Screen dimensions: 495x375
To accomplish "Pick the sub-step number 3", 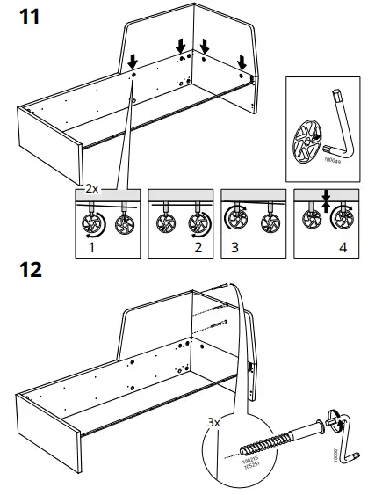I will (234, 248).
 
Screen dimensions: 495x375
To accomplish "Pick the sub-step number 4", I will (343, 248).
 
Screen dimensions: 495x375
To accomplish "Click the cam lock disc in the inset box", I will (309, 142).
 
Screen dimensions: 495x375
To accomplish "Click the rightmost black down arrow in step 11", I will (243, 62).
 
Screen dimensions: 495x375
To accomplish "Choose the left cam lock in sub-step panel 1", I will (90, 222).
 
